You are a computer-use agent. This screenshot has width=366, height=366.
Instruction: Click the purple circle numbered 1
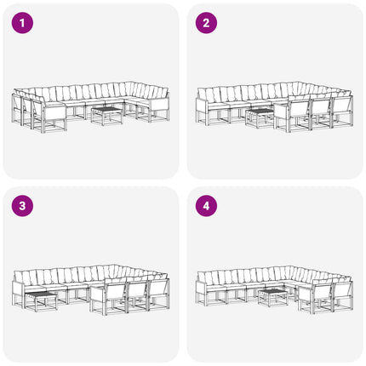point(22,23)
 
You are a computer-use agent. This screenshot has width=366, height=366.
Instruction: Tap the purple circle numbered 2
point(206,23)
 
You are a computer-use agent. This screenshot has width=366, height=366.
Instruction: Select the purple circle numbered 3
point(22,206)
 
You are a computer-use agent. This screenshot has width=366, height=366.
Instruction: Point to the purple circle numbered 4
point(206,206)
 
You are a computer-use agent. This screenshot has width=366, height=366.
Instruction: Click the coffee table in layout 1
point(107,116)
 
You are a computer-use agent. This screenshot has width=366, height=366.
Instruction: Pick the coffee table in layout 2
point(260,118)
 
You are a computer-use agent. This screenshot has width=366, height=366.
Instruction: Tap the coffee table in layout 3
point(41,301)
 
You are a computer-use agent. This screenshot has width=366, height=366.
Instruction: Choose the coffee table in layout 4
point(273,298)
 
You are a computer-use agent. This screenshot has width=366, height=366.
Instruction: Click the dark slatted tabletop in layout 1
point(107,110)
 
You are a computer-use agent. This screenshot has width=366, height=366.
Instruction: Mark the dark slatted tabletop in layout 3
point(41,295)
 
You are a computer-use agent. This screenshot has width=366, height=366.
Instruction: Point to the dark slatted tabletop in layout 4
point(273,291)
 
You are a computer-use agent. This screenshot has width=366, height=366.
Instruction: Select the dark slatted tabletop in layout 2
point(260,111)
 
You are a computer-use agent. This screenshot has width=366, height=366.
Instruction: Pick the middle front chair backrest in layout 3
point(137,291)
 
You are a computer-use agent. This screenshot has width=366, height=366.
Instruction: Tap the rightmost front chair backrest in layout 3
point(158,289)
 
